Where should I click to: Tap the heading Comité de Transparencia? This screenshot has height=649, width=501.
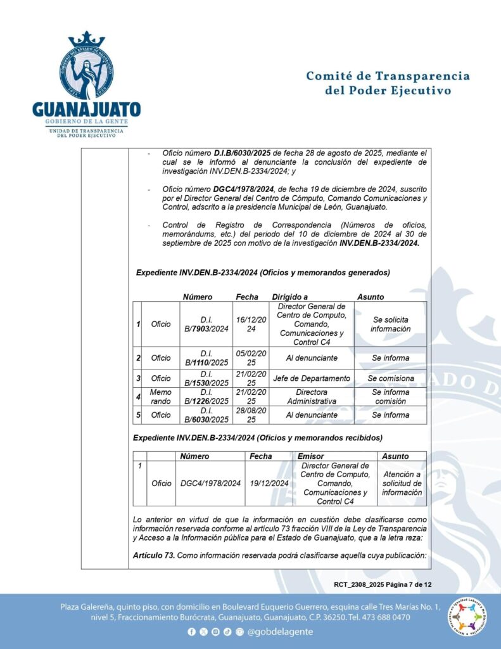coord(388,76)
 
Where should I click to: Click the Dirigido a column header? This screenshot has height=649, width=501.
coord(290,297)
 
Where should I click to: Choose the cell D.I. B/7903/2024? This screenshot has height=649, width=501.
coord(206,324)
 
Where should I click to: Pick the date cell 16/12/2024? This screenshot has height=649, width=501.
coord(251,324)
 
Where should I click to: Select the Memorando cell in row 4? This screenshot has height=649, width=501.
coord(160,397)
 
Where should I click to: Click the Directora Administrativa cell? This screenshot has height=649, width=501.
coord(310,397)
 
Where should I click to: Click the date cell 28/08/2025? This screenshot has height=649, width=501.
coord(251,415)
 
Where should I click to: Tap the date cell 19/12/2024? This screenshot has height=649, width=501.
coord(269,483)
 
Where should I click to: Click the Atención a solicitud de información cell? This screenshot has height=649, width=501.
coord(402,483)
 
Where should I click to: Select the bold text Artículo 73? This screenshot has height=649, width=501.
coord(153,556)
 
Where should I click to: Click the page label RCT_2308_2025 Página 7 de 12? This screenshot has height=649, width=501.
coord(383,584)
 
